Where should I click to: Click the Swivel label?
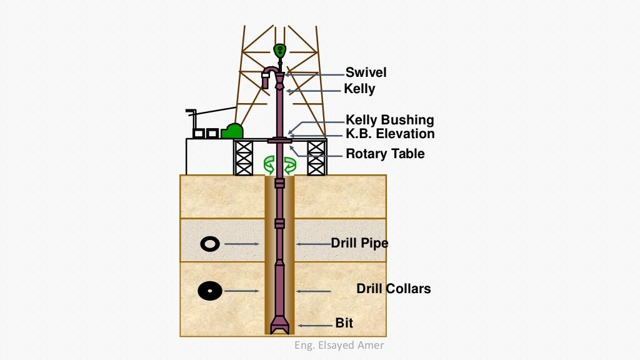point(366,72)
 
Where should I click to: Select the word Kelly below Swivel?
point(359,89)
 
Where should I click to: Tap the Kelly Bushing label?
point(389,120)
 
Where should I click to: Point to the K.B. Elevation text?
point(390,134)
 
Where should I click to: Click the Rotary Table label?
point(385,154)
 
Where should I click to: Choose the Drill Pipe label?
point(359,243)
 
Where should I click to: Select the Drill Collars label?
point(393,289)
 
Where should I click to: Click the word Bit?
point(344,323)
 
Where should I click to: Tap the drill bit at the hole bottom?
point(279,326)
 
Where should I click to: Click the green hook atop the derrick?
point(280,49)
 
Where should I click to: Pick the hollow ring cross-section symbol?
point(210,244)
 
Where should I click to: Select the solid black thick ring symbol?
point(210,291)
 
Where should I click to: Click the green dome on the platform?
point(232,131)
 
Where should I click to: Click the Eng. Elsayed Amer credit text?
point(339,346)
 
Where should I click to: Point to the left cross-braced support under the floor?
point(242,157)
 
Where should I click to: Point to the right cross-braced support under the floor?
point(317,157)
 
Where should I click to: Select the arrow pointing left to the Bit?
point(316,325)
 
